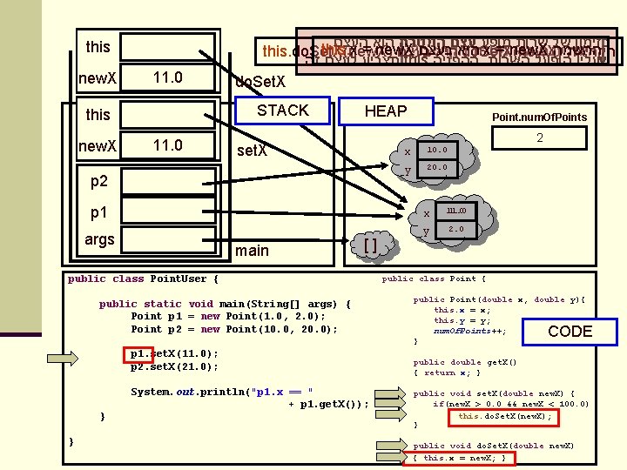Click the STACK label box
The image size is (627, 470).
point(282,111)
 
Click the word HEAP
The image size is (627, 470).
point(386,111)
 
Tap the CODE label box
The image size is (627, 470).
point(570,331)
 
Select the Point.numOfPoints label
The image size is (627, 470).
point(539,117)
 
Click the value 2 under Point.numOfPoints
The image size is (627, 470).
point(540,138)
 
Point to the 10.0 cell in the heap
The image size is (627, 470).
point(437,149)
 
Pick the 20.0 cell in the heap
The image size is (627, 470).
point(437,167)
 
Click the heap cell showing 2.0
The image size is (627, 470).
point(456,229)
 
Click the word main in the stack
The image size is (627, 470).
point(253,251)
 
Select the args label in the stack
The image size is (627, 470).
point(99,239)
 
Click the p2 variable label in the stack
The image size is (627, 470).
point(98,181)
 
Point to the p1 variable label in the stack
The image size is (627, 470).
point(98,212)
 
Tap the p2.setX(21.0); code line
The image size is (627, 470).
point(173,366)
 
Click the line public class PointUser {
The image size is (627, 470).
point(143,279)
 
